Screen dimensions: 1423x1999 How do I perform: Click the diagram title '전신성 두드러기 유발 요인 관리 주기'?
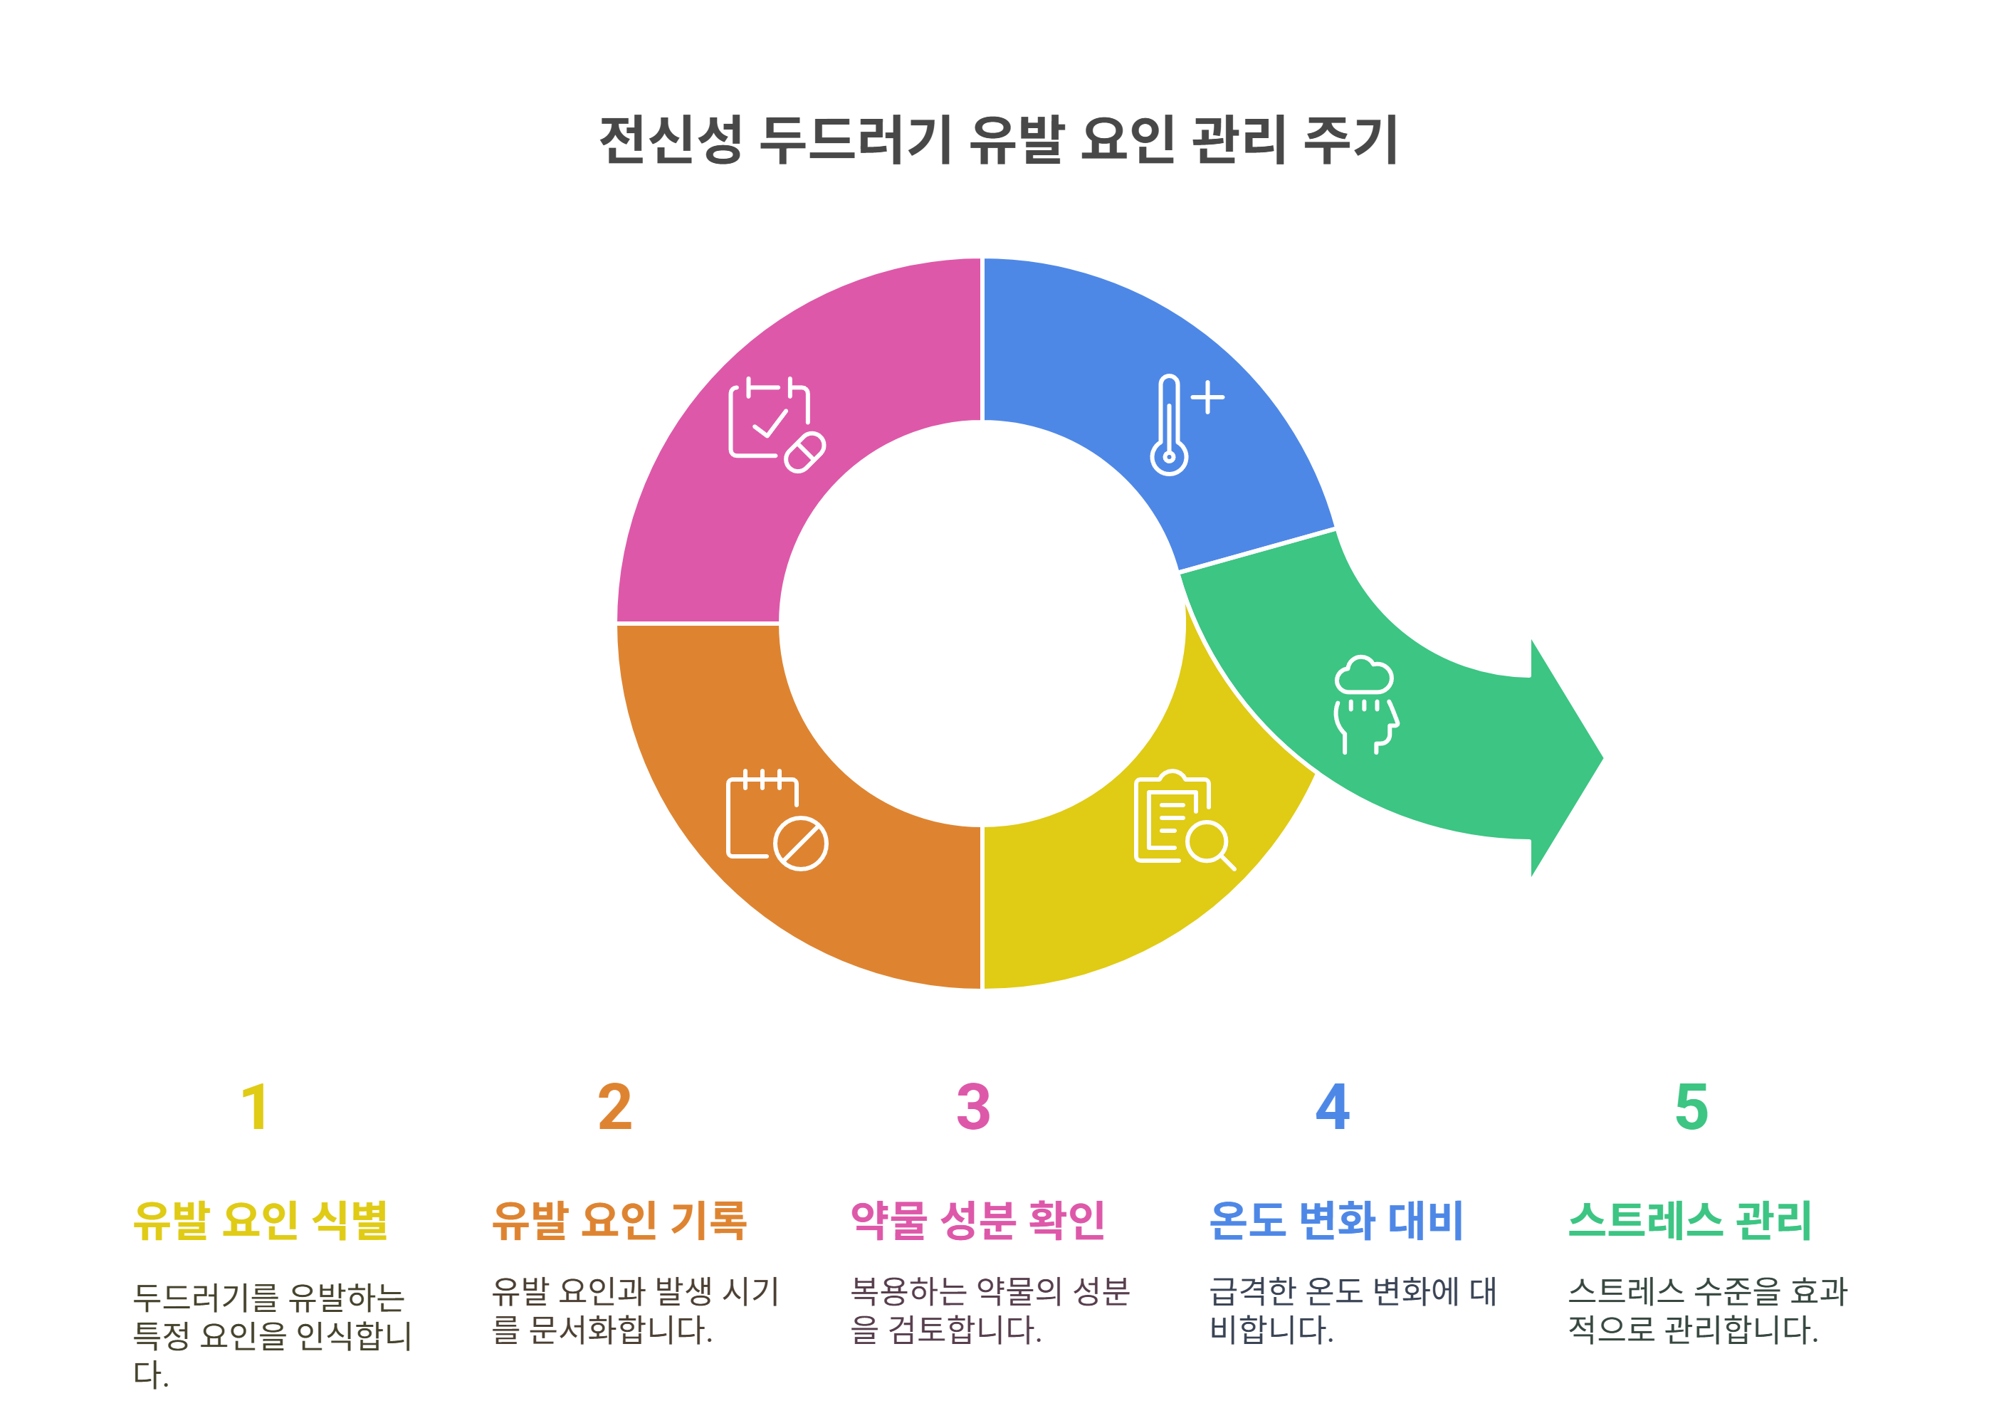[997, 140]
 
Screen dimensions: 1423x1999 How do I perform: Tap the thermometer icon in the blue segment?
[1169, 426]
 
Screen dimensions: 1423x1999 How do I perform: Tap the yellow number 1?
[255, 1108]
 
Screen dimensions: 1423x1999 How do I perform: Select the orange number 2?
[614, 1108]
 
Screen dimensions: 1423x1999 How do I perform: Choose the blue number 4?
[1332, 1108]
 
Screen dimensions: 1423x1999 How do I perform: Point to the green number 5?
[1691, 1108]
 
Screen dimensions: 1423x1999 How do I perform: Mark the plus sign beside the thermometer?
[1207, 397]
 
